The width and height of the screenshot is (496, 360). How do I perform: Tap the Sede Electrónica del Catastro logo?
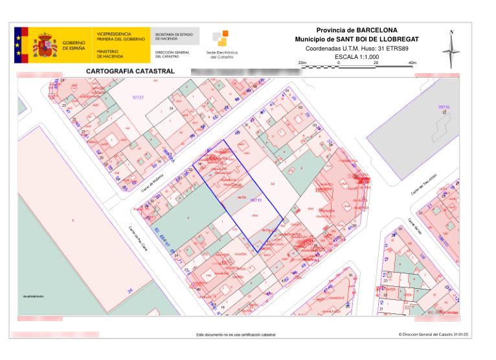pyautogui.click(x=221, y=44)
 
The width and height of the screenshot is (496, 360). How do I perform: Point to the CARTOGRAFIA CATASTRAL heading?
pyautogui.click(x=130, y=71)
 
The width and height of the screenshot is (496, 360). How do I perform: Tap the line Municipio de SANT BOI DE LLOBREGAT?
pyautogui.click(x=357, y=39)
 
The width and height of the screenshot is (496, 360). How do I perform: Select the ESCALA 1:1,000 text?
pyautogui.click(x=356, y=57)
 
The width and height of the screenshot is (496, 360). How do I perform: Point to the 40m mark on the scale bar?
pyautogui.click(x=412, y=62)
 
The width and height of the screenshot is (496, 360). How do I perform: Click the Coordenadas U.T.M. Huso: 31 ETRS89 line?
pyautogui.click(x=357, y=49)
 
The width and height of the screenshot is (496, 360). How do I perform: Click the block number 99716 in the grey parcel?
pyautogui.click(x=444, y=107)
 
